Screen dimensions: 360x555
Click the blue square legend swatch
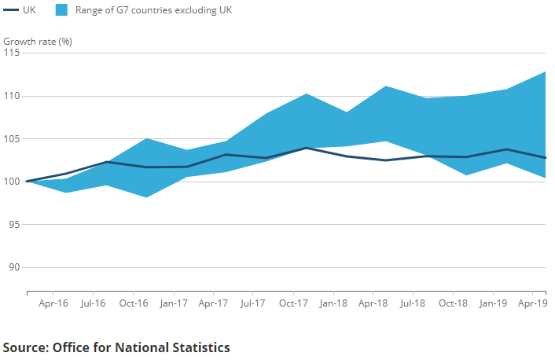(63, 10)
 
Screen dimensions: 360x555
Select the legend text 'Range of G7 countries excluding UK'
(153, 10)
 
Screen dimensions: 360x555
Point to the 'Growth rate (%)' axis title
(38, 41)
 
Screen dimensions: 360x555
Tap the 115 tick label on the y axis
(13, 53)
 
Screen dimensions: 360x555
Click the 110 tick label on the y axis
(13, 96)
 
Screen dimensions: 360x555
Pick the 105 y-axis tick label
(13, 139)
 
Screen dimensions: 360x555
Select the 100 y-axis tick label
(13, 182)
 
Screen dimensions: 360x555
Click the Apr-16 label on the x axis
(53, 303)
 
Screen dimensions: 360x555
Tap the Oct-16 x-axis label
(133, 303)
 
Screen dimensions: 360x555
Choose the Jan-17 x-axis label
(172, 303)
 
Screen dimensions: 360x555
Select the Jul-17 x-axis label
(252, 303)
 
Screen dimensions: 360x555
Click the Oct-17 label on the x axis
(292, 303)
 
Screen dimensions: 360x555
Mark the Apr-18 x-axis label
(373, 303)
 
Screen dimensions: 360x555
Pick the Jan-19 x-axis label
(493, 303)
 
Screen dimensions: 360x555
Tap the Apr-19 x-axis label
(532, 303)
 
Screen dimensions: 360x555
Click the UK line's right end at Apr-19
(546, 157)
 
